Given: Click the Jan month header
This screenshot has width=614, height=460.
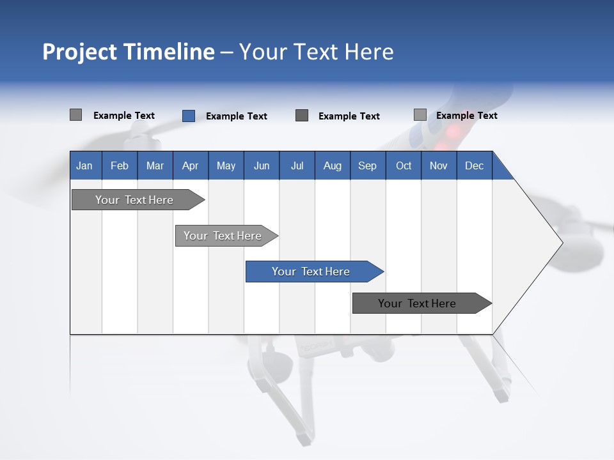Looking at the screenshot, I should (84, 165).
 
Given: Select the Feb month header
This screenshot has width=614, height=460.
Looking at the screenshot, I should (120, 165).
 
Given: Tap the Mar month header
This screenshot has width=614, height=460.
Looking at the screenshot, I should (155, 165).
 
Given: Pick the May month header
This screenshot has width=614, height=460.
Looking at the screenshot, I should (226, 165).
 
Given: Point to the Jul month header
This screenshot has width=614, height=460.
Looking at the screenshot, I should (297, 165).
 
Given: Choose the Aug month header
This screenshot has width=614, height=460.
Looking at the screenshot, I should (333, 165).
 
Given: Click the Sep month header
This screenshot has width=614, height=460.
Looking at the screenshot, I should (367, 165).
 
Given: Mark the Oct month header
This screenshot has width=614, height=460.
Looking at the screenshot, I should (404, 165).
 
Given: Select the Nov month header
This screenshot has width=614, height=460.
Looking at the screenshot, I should (439, 165).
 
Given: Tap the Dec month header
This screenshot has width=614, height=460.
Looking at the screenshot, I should (474, 165).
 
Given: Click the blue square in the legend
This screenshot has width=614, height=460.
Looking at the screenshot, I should (189, 116).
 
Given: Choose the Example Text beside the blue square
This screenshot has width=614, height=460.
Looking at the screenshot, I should (237, 116).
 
